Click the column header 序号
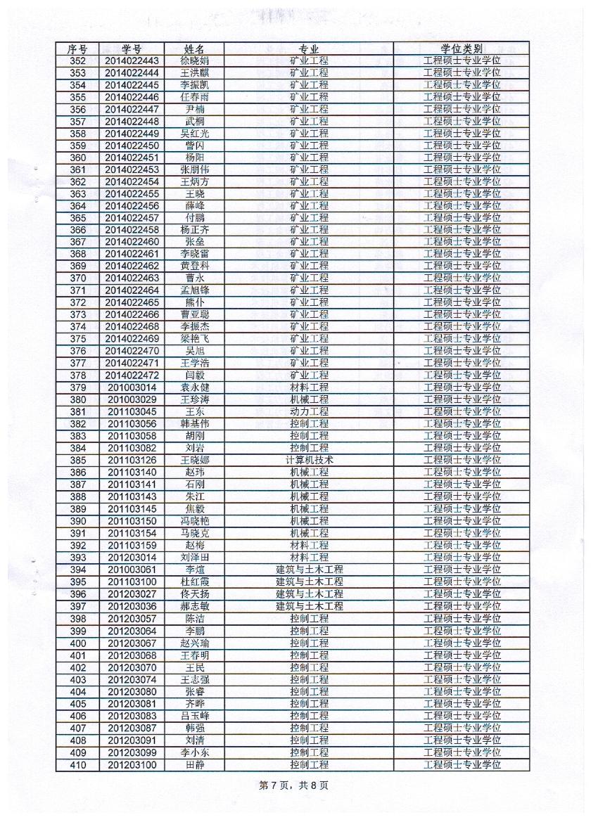click(x=77, y=49)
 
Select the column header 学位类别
click(x=462, y=49)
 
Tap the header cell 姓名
click(x=194, y=49)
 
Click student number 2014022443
click(x=132, y=60)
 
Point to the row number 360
click(x=77, y=158)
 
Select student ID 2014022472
click(x=132, y=375)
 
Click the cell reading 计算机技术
click(x=310, y=460)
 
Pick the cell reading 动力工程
click(x=310, y=411)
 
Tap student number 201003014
click(x=132, y=387)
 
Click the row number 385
click(x=77, y=460)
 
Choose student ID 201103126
click(x=132, y=460)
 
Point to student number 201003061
click(x=132, y=570)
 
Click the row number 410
click(x=77, y=764)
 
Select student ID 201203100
click(x=132, y=764)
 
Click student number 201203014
click(x=132, y=558)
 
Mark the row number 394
click(x=77, y=570)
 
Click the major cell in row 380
click(x=310, y=399)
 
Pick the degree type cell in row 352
click(x=462, y=60)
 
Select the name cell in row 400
click(x=194, y=643)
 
